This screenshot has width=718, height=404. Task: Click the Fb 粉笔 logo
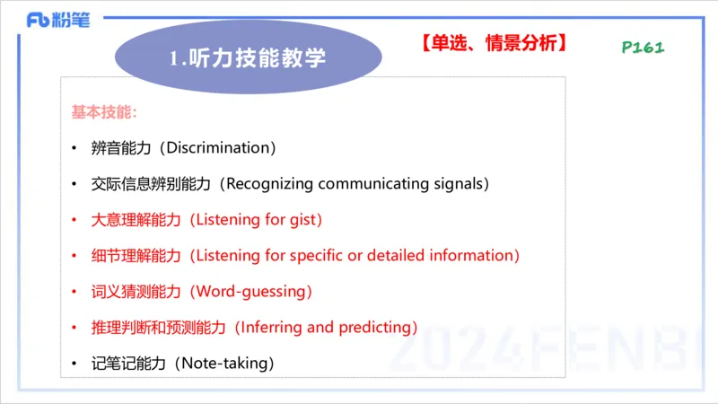[x=58, y=20]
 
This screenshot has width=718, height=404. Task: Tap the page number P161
[x=643, y=48]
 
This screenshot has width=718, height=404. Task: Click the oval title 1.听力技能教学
[x=248, y=59]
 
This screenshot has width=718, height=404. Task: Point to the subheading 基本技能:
[x=104, y=112]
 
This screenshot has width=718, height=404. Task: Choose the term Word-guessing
[x=253, y=292]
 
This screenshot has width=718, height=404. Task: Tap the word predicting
[x=374, y=328]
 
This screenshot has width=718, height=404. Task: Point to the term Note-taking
[x=223, y=364]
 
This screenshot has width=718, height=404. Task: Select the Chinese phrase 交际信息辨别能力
[x=151, y=184]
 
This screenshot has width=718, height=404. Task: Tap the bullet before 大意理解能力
[x=74, y=220]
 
